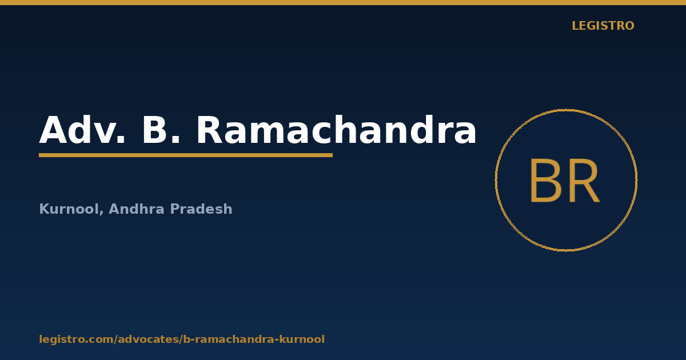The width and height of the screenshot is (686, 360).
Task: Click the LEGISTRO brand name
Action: point(603,26)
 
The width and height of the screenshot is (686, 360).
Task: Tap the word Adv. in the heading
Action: point(82,130)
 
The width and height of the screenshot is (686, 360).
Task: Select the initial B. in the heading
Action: point(161,130)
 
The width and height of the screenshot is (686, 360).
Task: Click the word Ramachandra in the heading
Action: point(336,130)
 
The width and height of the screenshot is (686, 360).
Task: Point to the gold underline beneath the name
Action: point(186,155)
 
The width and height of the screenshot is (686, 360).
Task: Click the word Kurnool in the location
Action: point(70,209)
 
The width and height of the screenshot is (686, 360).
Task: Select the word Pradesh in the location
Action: point(201,209)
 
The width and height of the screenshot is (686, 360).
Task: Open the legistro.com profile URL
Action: point(182,339)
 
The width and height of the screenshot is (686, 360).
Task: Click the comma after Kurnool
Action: point(101,213)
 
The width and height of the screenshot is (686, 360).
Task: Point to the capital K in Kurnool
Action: point(45,209)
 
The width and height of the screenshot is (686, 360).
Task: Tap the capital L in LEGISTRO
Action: point(576,26)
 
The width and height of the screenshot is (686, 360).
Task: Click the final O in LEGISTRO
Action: point(629,26)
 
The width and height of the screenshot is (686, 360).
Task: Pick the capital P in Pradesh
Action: point(175,209)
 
